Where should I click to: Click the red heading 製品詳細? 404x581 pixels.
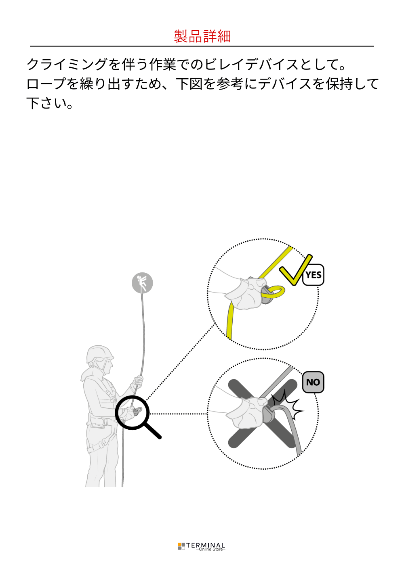pos(202,36)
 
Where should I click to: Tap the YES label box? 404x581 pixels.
pos(313,275)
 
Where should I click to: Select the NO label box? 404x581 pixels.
pos(313,382)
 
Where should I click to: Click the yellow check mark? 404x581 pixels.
pos(295,270)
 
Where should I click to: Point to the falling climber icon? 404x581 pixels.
pos(142,283)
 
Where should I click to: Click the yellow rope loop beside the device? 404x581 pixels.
pos(273,292)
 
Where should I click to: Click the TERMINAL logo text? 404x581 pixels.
pos(205,545)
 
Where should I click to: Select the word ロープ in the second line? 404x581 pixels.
pos(46,84)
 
